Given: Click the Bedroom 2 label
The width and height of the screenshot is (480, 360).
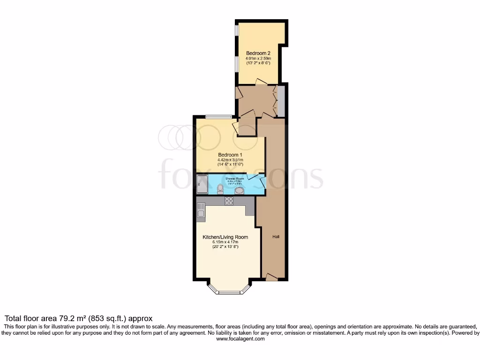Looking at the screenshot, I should pyautogui.click(x=258, y=53).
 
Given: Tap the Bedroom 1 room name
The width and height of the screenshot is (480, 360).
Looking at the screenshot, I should pyautogui.click(x=230, y=154).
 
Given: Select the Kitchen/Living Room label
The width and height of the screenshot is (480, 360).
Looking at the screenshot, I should pyautogui.click(x=225, y=237).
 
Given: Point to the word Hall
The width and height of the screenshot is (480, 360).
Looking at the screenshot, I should pyautogui.click(x=276, y=237).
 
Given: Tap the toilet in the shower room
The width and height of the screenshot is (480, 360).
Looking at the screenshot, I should pyautogui.click(x=220, y=189).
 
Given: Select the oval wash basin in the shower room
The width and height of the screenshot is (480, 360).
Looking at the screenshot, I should pyautogui.click(x=239, y=190).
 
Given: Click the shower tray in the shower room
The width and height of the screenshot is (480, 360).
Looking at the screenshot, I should pyautogui.click(x=202, y=184).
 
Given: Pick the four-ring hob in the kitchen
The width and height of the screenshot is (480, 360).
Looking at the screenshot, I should pyautogui.click(x=230, y=201).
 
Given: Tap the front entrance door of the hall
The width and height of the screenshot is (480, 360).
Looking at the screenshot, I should pyautogui.click(x=271, y=277).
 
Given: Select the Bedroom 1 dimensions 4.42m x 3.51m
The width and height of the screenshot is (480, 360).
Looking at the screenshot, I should pyautogui.click(x=230, y=160).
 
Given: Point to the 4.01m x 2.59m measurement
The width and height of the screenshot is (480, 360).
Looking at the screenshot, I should pyautogui.click(x=258, y=59).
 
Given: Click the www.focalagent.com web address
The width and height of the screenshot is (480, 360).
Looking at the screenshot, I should pyautogui.click(x=240, y=339).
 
